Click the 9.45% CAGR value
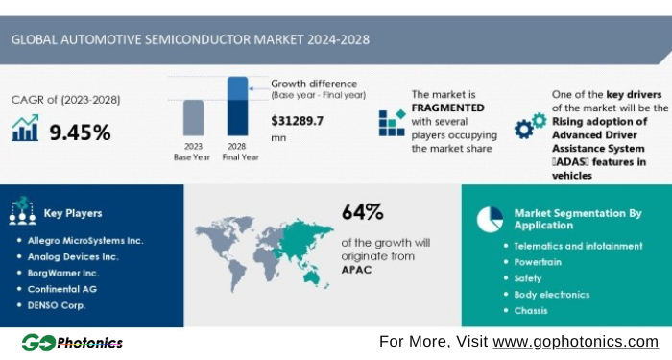point(80,132)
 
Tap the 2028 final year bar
point(237,107)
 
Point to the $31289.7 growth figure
point(298,121)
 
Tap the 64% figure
point(362,211)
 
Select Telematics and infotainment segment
point(578,246)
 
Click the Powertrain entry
point(538,262)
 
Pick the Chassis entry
point(531,310)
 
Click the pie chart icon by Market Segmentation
point(490,219)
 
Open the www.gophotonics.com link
point(575,342)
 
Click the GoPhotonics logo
point(72,342)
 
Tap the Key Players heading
point(73,213)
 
